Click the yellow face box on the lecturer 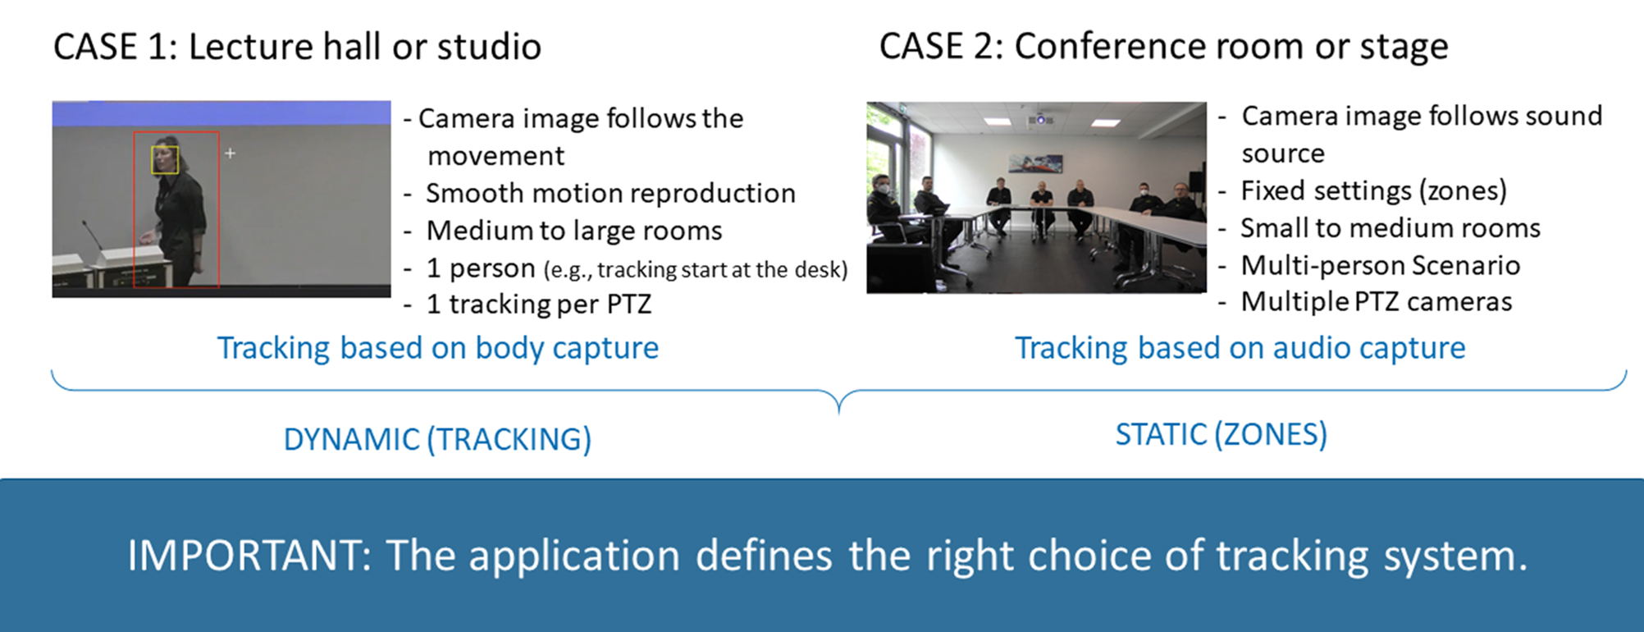click(165, 159)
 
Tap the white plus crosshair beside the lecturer click(231, 153)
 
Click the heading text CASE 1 click(114, 47)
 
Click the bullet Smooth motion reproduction click(610, 194)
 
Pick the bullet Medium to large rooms click(573, 231)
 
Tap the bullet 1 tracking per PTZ click(538, 305)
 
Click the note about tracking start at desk click(695, 270)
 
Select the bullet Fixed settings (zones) click(1373, 191)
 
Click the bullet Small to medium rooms click(1390, 228)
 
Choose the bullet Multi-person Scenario click(1380, 266)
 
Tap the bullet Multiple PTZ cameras click(1376, 302)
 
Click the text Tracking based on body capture click(437, 348)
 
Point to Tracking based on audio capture click(1240, 348)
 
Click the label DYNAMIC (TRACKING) click(437, 440)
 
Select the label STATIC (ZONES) click(1221, 434)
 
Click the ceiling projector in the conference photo click(1040, 120)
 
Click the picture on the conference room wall click(1035, 163)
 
